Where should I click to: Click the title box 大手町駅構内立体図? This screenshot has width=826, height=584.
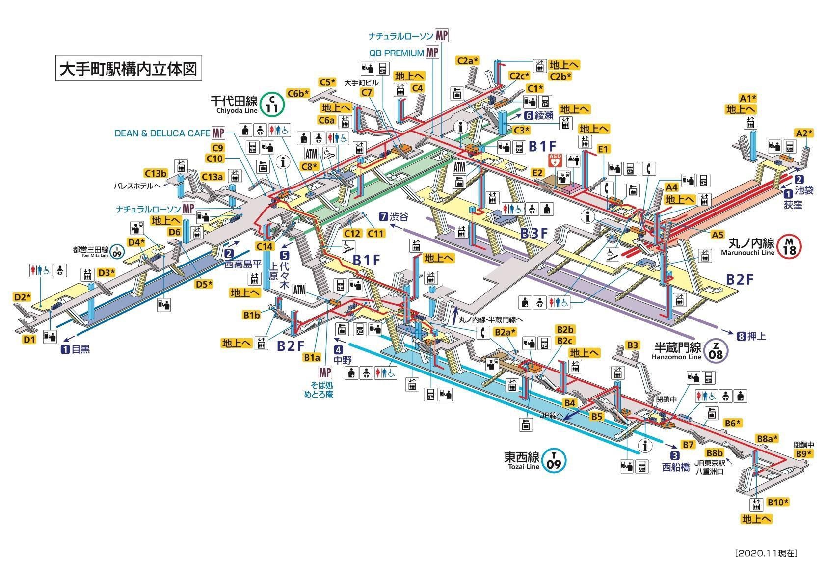click(128, 69)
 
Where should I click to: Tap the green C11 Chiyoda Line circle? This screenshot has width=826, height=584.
click(272, 104)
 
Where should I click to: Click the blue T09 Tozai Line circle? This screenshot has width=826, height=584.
click(554, 461)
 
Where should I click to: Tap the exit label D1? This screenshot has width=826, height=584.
click(29, 339)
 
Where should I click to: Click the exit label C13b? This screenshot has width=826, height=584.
click(156, 173)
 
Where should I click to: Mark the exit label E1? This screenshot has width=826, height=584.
click(603, 149)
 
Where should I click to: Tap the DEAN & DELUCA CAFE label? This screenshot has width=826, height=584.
click(162, 133)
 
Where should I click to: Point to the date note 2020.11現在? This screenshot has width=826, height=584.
click(766, 553)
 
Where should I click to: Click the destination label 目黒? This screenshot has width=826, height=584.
click(80, 350)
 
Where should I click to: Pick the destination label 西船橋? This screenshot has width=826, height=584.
click(676, 467)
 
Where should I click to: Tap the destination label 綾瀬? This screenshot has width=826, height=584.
click(543, 116)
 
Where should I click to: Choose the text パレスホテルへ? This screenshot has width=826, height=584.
click(137, 186)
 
